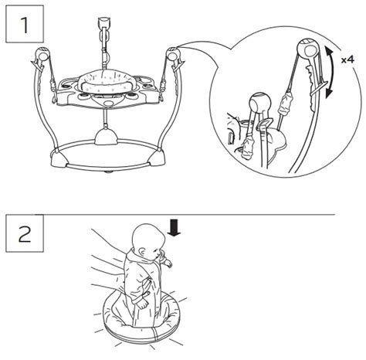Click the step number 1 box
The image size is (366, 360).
point(25,24)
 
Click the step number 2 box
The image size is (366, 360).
point(25,233)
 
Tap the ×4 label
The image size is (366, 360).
point(347,60)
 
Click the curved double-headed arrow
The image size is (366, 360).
point(330,72)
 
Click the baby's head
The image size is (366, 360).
point(147,239)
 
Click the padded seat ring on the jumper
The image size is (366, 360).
point(106,83)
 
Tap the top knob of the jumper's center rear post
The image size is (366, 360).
point(104,22)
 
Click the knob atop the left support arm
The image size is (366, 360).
point(42,53)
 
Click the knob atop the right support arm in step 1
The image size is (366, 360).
point(173,53)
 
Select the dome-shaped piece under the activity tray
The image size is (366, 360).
point(106,137)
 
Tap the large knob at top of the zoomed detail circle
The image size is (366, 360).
point(308,49)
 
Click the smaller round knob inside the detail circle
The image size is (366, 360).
point(260,103)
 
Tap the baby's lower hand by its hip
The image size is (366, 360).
point(142,303)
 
